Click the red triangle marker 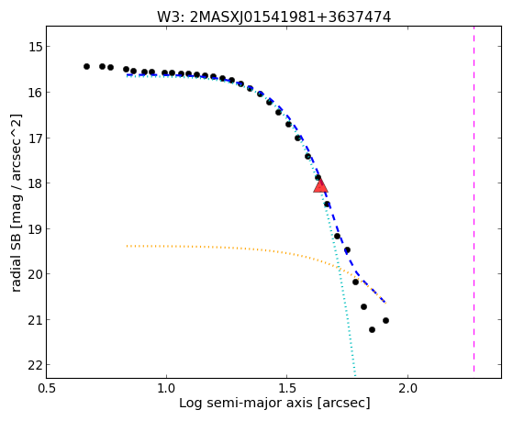pos(320,185)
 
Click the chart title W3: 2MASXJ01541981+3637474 pos(273,17)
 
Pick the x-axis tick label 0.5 pos(47,388)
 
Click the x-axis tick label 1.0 pos(166,388)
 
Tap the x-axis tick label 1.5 pos(287,388)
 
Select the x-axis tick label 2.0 pos(407,388)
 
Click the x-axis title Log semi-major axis pos(246,403)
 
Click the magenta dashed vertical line pos(474,199)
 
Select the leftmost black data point pos(86,66)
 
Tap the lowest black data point pos(372,329)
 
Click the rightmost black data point pos(385,320)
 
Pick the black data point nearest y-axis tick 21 pos(385,320)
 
